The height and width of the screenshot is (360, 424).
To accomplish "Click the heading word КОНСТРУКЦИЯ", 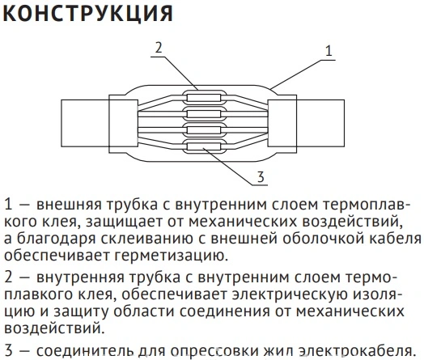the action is pos(88,14).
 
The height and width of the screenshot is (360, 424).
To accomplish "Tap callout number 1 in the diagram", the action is pos(329,51).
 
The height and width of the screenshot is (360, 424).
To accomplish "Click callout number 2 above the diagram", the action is pos(158,48).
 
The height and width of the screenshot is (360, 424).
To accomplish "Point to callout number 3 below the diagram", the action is pos(261,177).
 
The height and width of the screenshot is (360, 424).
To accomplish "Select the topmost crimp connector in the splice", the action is pos(204,97).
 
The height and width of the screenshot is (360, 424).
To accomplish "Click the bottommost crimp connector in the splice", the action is pos(204,146).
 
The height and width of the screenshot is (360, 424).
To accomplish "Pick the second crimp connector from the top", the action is pos(204,114).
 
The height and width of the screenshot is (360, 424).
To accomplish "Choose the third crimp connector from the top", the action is pos(204,130).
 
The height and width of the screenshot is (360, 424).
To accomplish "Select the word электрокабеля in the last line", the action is pos(356,350).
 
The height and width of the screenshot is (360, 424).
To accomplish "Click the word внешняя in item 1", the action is pos(70,205).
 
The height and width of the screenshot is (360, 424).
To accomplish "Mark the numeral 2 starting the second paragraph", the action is pos(9,277).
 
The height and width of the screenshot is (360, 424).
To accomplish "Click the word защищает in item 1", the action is pos(124,222).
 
